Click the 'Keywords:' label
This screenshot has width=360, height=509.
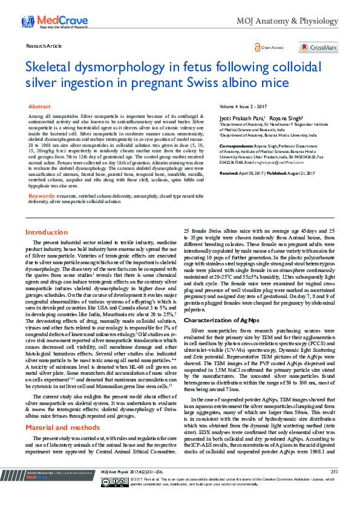tap(42, 196)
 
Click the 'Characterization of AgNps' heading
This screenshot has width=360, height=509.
tap(223, 319)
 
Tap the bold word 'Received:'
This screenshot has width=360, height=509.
tap(229, 173)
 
